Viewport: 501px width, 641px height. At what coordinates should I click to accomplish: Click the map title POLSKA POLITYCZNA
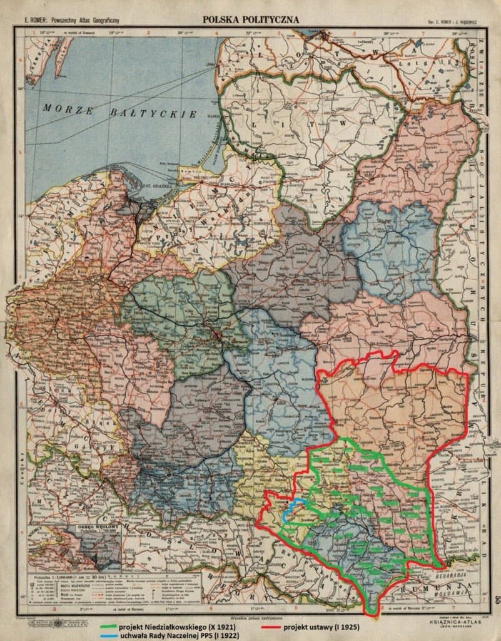(250, 20)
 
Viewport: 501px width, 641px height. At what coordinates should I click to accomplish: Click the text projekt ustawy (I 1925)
(323, 625)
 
